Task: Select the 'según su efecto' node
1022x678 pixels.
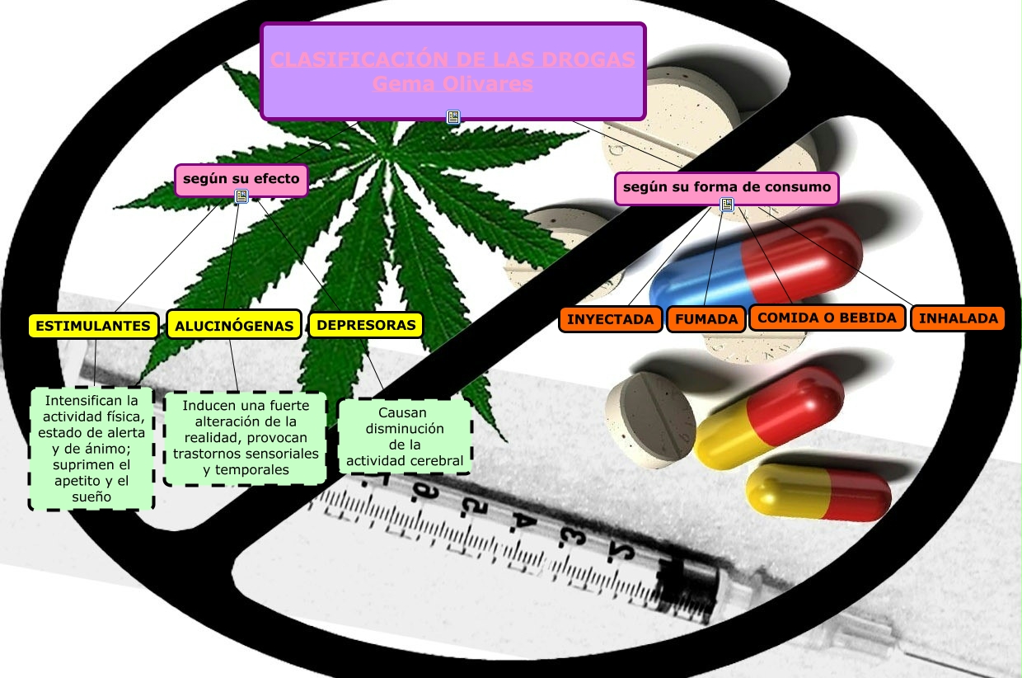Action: pyautogui.click(x=241, y=178)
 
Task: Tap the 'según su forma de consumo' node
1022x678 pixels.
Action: pyautogui.click(x=726, y=187)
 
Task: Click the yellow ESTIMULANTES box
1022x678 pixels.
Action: pyautogui.click(x=94, y=326)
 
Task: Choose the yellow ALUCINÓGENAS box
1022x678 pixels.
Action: pyautogui.click(x=234, y=326)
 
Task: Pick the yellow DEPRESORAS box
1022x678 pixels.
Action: pyautogui.click(x=366, y=325)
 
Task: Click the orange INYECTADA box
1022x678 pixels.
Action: pyautogui.click(x=610, y=319)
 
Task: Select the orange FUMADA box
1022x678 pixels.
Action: pyautogui.click(x=706, y=319)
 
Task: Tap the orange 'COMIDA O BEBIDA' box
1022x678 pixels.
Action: pyautogui.click(x=827, y=318)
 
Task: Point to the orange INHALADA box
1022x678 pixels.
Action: pyautogui.click(x=958, y=318)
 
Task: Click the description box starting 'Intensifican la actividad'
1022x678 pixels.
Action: pyautogui.click(x=91, y=449)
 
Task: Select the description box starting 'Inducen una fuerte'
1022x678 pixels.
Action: pyautogui.click(x=246, y=438)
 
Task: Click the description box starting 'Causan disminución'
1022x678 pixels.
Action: pyautogui.click(x=405, y=437)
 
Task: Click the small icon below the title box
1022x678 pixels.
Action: pyautogui.click(x=453, y=117)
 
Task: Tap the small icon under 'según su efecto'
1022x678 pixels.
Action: pyautogui.click(x=241, y=196)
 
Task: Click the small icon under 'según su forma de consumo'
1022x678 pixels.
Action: pyautogui.click(x=727, y=205)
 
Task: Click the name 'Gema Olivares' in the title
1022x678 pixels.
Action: pyautogui.click(x=452, y=84)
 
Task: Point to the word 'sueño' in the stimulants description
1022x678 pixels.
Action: pyautogui.click(x=91, y=497)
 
